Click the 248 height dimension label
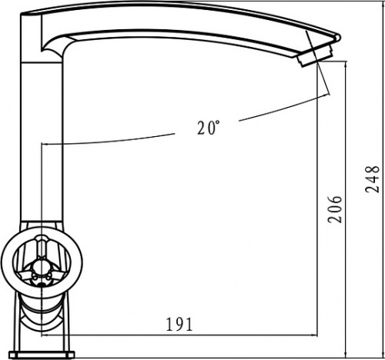[x=372, y=179]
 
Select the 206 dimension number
[x=335, y=209]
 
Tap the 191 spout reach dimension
[x=179, y=324]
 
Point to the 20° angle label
[x=209, y=128]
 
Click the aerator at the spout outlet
[x=315, y=56]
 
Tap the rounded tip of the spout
[x=338, y=37]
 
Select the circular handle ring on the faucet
[x=42, y=263]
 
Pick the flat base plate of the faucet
[x=42, y=355]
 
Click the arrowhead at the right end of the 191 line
[x=315, y=335]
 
